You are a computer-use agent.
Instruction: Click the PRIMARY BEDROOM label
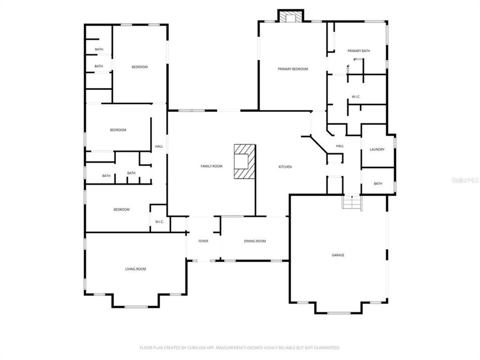pyautogui.click(x=292, y=69)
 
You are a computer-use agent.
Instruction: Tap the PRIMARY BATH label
pyautogui.click(x=358, y=50)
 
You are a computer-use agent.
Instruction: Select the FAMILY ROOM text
pyautogui.click(x=211, y=166)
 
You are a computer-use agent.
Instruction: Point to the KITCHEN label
pyautogui.click(x=285, y=166)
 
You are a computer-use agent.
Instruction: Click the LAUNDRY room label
pyautogui.click(x=376, y=149)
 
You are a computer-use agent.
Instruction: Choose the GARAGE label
pyautogui.click(x=338, y=255)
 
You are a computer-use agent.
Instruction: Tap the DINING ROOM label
pyautogui.click(x=254, y=241)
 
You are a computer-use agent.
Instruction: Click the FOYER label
pyautogui.click(x=203, y=241)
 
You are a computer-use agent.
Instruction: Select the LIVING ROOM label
pyautogui.click(x=135, y=269)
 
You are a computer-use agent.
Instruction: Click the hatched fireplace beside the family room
pyautogui.click(x=245, y=161)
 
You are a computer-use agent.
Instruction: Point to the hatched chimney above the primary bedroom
pyautogui.click(x=290, y=17)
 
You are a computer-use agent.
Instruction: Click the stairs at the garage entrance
pyautogui.click(x=351, y=203)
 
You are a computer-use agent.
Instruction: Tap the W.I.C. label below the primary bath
pyautogui.click(x=356, y=96)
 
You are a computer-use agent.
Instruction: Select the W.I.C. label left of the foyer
pyautogui.click(x=159, y=221)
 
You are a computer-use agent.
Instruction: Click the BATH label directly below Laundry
pyautogui.click(x=377, y=183)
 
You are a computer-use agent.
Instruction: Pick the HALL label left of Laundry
pyautogui.click(x=339, y=146)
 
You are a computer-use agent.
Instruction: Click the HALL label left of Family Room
pyautogui.click(x=159, y=146)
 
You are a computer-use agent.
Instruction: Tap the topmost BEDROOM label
pyautogui.click(x=139, y=67)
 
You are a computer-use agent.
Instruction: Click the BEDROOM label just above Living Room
pyautogui.click(x=121, y=209)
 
